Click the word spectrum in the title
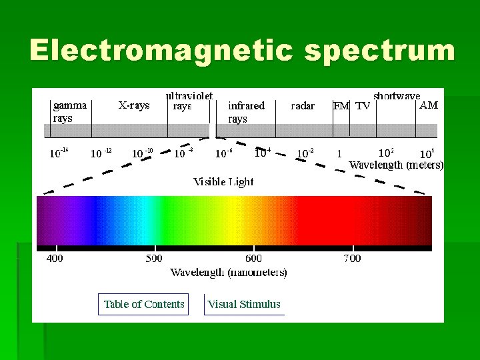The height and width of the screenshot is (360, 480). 380,51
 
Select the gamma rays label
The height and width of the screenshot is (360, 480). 69,111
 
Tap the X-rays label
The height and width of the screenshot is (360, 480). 134,105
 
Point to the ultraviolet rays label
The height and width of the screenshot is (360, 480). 189,101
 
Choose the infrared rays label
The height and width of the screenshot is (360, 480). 246,111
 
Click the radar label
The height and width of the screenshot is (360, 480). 303,105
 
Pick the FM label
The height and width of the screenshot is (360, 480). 341,105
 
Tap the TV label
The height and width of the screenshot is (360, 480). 363,105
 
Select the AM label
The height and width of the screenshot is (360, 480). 428,105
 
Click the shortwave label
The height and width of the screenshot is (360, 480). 397,95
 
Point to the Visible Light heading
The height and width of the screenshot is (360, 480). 223,181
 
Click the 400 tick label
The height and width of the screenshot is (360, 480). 55,258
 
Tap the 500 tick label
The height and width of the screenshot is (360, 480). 154,258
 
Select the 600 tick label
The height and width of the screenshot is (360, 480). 253,258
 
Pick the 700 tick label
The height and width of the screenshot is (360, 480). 352,258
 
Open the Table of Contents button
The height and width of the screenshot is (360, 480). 143,304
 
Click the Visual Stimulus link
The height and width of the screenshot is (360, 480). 244,304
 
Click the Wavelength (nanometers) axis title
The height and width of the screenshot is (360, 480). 229,272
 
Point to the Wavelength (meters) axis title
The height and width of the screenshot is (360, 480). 396,165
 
